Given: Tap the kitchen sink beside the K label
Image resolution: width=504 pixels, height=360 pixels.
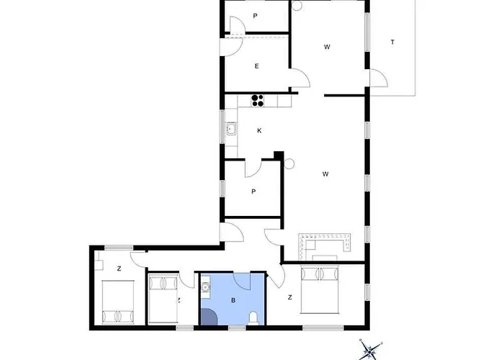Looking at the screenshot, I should click(x=232, y=130).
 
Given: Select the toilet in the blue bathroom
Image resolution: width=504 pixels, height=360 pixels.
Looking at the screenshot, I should click(x=253, y=318).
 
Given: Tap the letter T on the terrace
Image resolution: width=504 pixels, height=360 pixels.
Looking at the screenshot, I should click(x=392, y=42).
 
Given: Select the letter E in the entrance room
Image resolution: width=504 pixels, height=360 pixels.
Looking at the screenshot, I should click(x=256, y=66).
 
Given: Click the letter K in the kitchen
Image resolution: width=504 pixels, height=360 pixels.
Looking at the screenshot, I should click(x=258, y=131).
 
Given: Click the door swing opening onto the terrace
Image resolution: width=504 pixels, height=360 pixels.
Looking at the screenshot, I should click(x=377, y=80).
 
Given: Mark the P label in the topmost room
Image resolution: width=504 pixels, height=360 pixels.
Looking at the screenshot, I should click(x=256, y=16).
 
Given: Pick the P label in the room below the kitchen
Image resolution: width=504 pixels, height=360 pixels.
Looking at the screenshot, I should click(x=253, y=192).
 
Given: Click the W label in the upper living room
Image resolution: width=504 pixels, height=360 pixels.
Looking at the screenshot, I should click(x=327, y=48).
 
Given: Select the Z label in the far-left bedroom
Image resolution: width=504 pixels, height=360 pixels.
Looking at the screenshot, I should click(x=119, y=268).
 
